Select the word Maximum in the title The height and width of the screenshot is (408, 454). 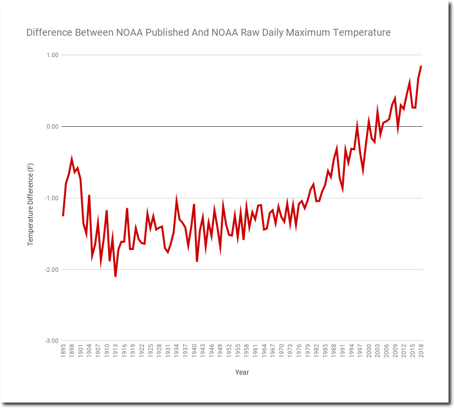pyautogui.click(x=324, y=33)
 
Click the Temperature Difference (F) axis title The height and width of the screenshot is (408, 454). pyautogui.click(x=31, y=206)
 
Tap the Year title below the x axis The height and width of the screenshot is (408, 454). pyautogui.click(x=242, y=372)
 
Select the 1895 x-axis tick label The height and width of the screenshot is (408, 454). pyautogui.click(x=64, y=351)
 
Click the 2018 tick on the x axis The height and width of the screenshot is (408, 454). pyautogui.click(x=421, y=351)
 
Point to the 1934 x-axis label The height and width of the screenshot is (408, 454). pyautogui.click(x=177, y=351)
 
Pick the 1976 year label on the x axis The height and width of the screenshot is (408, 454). pyautogui.click(x=299, y=351)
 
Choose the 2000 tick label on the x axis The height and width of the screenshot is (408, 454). pyautogui.click(x=369, y=351)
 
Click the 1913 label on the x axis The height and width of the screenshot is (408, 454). pyautogui.click(x=116, y=351)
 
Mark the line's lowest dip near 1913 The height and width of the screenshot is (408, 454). pyautogui.click(x=116, y=276)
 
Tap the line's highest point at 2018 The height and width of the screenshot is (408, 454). pyautogui.click(x=421, y=66)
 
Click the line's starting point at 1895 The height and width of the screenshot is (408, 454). pyautogui.click(x=63, y=216)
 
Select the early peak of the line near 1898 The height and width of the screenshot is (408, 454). pyautogui.click(x=72, y=159)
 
